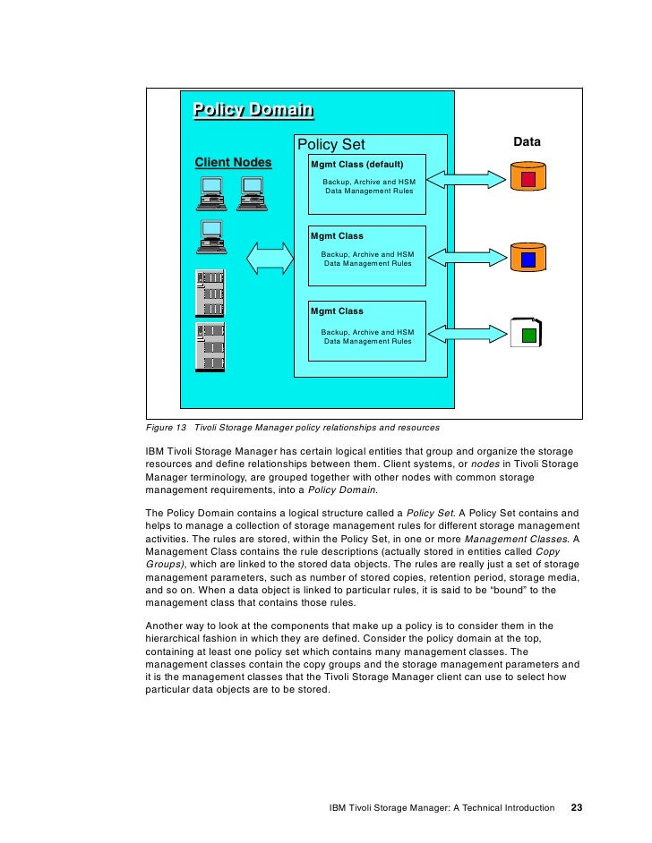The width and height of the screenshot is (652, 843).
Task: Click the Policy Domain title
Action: [253, 110]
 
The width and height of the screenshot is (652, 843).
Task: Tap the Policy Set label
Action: [330, 145]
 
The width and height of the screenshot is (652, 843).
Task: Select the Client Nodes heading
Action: [233, 162]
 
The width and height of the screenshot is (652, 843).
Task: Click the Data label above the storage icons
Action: [527, 142]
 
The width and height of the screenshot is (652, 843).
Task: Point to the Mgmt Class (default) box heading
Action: [356, 165]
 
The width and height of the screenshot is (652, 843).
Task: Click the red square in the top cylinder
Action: [528, 180]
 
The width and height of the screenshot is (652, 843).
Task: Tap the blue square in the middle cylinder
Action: [528, 260]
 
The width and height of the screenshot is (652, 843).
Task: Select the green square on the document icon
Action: [528, 336]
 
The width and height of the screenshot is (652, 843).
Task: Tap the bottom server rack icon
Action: [211, 347]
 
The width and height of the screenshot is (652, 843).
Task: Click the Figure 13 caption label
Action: [167, 427]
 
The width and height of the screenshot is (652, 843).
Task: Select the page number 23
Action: [576, 807]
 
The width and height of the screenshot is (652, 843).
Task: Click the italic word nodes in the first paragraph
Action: [485, 464]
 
